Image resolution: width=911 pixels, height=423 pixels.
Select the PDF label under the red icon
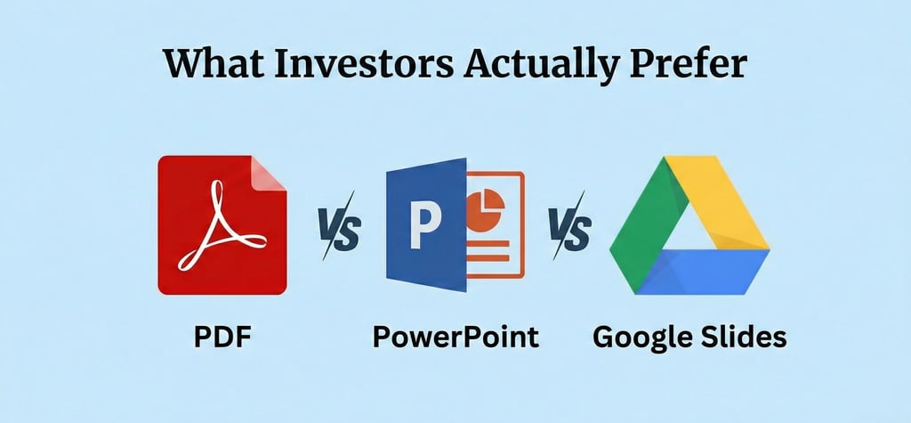[x=222, y=337]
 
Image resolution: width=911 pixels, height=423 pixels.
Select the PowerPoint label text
[x=455, y=337]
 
